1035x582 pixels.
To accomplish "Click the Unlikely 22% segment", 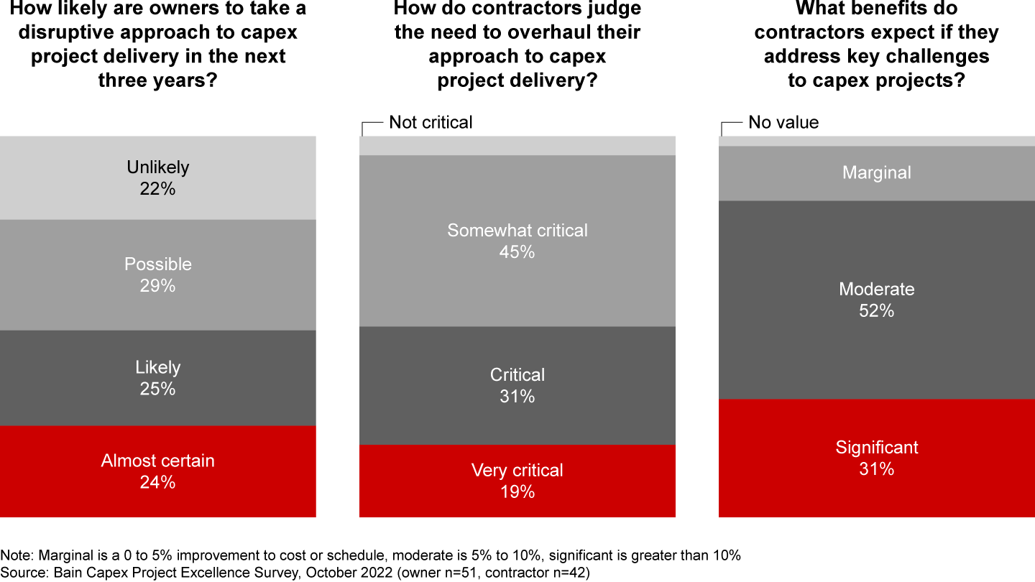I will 157,177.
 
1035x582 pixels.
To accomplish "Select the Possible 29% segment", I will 157,274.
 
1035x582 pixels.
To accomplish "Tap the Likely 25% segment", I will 157,378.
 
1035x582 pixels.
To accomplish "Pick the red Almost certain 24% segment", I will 157,471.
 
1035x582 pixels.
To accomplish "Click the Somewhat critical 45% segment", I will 517,241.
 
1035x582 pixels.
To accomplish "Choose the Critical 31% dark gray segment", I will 517,385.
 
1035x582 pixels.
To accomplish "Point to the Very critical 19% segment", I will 517,481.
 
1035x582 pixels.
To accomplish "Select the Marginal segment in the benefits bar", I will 876,173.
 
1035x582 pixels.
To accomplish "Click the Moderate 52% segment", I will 876,300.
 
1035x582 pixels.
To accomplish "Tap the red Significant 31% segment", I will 876,458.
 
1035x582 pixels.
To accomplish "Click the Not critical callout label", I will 431,122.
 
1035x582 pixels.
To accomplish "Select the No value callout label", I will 783,122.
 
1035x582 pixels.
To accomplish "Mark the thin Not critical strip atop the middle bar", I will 517,146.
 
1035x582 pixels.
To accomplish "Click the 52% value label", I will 876,311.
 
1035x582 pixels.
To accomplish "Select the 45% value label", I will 517,252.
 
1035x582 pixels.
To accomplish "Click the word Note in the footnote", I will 15,555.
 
